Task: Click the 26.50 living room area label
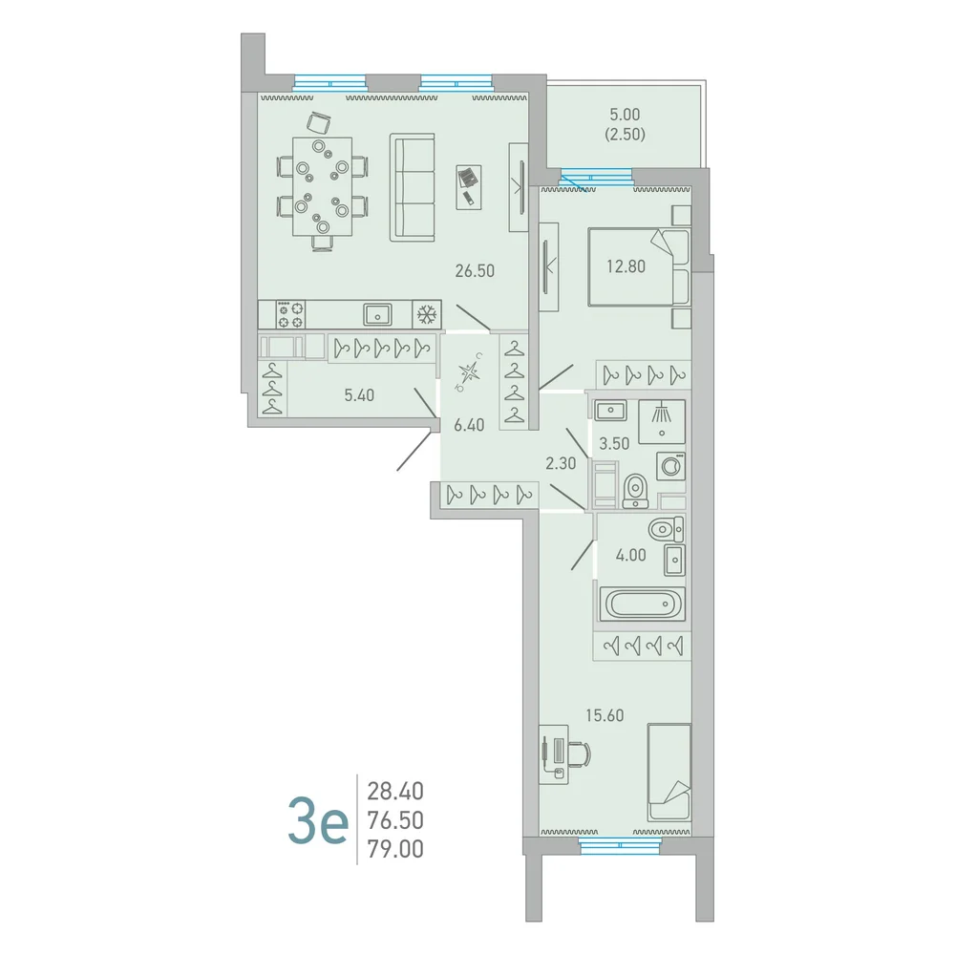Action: click(475, 271)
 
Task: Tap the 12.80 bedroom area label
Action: click(626, 266)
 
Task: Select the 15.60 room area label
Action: click(605, 715)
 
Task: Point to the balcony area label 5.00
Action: click(625, 114)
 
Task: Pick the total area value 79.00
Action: click(395, 848)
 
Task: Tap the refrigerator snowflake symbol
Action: click(426, 315)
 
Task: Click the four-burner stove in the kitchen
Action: click(290, 315)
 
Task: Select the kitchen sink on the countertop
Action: click(378, 315)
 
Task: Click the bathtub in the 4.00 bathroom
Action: click(642, 605)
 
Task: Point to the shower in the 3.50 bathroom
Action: click(662, 421)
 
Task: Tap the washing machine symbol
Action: click(671, 467)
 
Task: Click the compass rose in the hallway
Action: click(470, 371)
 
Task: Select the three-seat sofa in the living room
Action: click(413, 187)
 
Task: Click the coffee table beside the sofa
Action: click(469, 187)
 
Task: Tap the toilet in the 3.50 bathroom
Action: click(636, 491)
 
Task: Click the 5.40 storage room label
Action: click(359, 394)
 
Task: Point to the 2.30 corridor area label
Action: click(561, 463)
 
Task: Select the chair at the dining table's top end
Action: click(318, 122)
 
